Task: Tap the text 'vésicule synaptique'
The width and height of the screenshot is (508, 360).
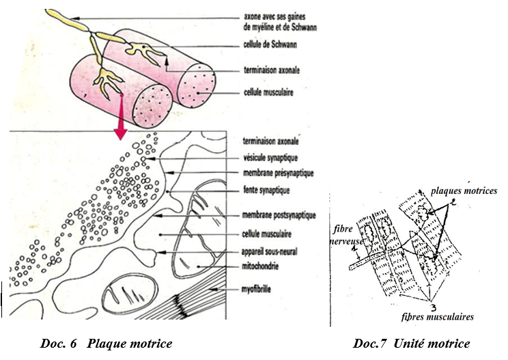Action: point(274,158)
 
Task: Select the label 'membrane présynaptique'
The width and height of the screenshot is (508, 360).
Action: point(281,174)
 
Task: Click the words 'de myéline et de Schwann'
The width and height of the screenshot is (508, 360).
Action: point(281,27)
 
